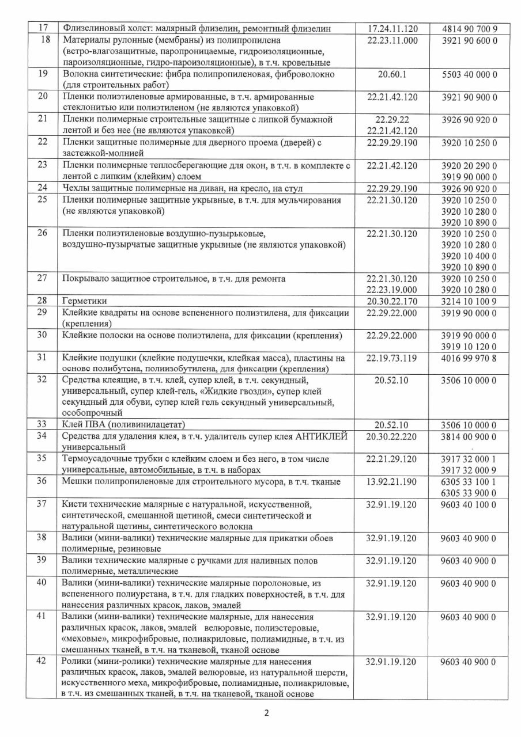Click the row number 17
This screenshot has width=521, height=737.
[x=41, y=28]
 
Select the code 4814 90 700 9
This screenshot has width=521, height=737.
[x=469, y=28]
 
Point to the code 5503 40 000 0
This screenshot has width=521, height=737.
[x=469, y=74]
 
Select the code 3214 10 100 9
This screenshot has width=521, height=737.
[x=469, y=301]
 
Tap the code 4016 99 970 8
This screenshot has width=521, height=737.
[x=469, y=358]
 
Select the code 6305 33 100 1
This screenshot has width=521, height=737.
[x=469, y=481]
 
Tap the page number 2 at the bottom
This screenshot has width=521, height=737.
[x=266, y=713]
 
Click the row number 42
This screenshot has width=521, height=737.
[x=41, y=662]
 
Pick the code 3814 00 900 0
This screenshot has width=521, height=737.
[x=469, y=436]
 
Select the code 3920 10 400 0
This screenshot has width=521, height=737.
[x=469, y=256]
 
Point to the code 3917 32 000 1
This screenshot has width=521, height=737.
[x=469, y=459]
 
